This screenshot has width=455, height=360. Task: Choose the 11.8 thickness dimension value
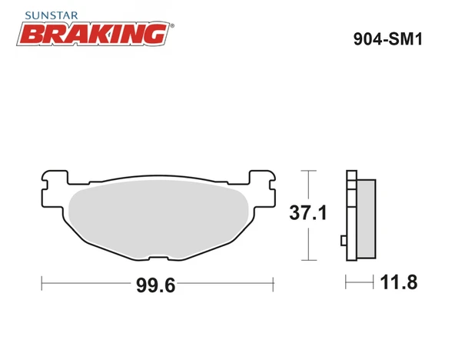398,282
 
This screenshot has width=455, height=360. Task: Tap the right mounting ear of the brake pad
264,185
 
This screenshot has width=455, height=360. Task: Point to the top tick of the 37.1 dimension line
307,170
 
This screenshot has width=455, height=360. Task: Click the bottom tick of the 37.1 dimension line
307,262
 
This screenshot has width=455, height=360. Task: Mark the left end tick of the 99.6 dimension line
42,283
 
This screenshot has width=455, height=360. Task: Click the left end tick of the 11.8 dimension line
346,283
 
